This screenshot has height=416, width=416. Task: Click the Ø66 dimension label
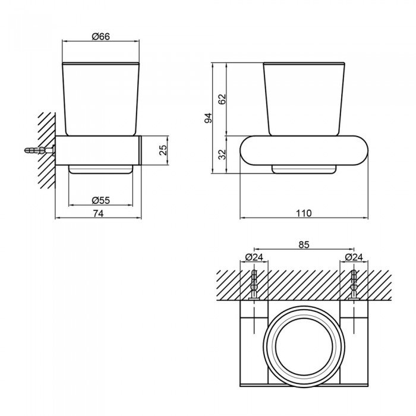pos(101,36)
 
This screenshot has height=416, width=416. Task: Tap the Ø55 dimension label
pos(101,200)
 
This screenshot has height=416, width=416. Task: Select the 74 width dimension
pos(98,213)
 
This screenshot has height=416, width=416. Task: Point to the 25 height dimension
pos(163,150)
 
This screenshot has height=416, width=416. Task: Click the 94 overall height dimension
pos(208,118)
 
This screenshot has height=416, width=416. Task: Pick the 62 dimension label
pos(222,99)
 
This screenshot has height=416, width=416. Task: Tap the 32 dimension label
pos(222,155)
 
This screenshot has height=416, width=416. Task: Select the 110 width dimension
pos(304,213)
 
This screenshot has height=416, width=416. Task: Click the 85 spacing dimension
pos(304,245)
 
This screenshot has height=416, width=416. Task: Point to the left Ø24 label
pos(254,257)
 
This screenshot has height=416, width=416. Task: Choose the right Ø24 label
pos(354,257)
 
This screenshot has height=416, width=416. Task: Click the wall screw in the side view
pos(40,150)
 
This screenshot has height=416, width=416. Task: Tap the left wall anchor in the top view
pos(254,285)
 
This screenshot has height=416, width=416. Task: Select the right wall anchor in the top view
pos(354,285)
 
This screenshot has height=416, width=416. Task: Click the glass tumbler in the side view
pos(100,99)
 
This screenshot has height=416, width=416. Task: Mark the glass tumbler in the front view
pos(304,99)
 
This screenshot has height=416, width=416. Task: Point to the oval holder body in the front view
pos(304,150)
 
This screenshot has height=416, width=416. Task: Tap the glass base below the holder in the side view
pos(100,169)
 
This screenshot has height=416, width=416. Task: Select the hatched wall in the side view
pos(47,150)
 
